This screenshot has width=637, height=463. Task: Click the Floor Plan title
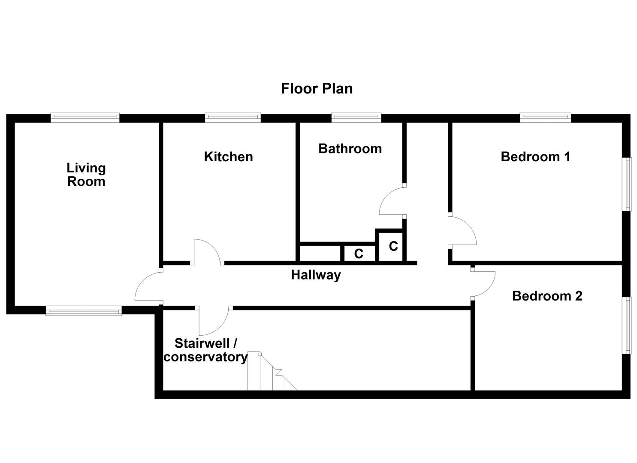(x=317, y=88)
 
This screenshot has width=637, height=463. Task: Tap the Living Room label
(x=86, y=174)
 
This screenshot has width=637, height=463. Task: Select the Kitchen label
(x=228, y=156)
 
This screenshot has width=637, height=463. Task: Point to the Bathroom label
(x=350, y=148)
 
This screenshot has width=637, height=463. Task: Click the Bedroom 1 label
(x=535, y=156)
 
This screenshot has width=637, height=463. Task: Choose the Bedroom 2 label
(x=547, y=296)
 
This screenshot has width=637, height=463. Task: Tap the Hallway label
(x=316, y=274)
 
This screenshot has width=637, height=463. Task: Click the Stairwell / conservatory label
(x=205, y=350)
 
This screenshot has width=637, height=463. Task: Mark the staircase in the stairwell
(x=270, y=373)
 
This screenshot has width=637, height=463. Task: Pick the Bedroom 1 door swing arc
(x=463, y=231)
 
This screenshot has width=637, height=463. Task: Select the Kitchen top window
(x=232, y=117)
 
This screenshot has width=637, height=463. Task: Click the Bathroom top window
(x=356, y=117)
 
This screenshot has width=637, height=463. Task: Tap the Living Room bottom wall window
(x=84, y=311)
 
